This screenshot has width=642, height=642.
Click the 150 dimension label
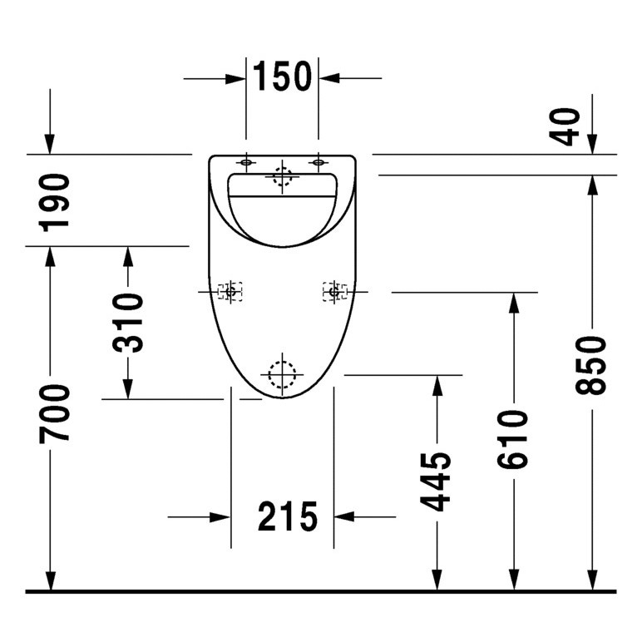(282, 77)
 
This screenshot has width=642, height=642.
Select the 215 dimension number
(288, 517)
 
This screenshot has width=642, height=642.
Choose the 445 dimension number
(435, 480)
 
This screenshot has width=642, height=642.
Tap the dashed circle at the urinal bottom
(282, 376)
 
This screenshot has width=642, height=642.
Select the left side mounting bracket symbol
(230, 292)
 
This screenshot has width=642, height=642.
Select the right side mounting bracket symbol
(334, 292)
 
